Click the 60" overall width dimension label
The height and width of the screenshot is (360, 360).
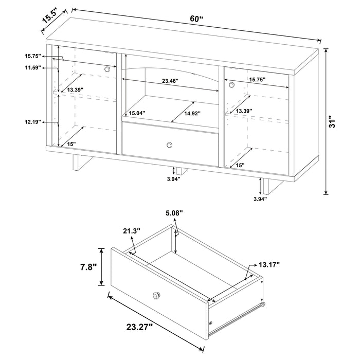click(x=196, y=19)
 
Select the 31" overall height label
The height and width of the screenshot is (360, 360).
click(x=334, y=122)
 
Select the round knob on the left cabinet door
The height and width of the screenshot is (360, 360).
click(x=107, y=69)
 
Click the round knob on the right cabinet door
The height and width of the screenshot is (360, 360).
click(x=231, y=84)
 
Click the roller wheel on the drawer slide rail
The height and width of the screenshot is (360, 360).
click(x=264, y=305)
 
